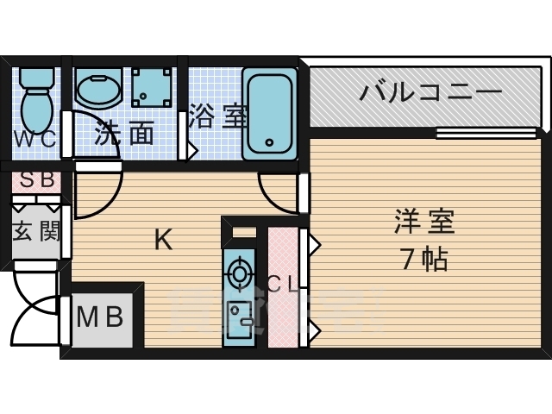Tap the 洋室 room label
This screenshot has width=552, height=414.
tap(423, 223)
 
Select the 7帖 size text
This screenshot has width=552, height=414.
tap(423, 258)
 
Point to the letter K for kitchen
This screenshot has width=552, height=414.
tap(163, 240)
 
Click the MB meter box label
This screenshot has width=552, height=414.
tap(100, 318)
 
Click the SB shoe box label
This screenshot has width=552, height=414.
tap(35, 181)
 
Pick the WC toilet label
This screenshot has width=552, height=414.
tap(34, 138)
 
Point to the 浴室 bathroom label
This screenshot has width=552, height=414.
tap(213, 116)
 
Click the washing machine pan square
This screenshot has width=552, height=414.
tap(154, 86)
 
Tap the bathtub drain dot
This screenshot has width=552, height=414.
tap(269, 142)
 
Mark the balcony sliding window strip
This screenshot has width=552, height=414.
tap(485, 133)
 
